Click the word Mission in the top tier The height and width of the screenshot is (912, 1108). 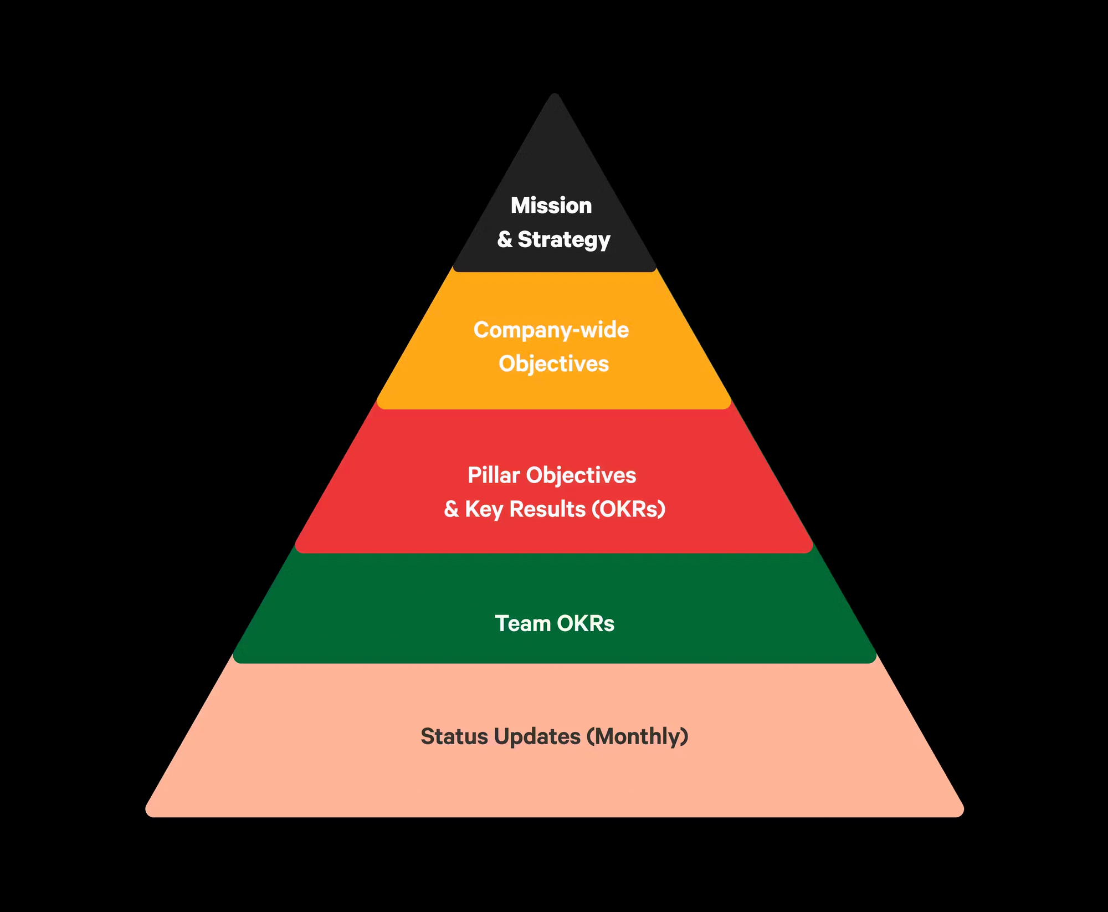pyautogui.click(x=551, y=206)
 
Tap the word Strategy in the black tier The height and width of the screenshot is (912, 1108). pyautogui.click(x=563, y=240)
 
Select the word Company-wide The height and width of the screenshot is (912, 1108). pyautogui.click(x=551, y=330)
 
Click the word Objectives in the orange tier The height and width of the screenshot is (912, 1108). pyautogui.click(x=553, y=364)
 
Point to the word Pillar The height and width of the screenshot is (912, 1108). pyautogui.click(x=494, y=475)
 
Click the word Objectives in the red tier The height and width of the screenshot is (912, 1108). pyautogui.click(x=581, y=475)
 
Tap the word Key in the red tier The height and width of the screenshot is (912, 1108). pyautogui.click(x=484, y=509)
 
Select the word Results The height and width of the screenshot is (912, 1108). pyautogui.click(x=547, y=509)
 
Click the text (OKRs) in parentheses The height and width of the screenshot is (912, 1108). pyautogui.click(x=629, y=509)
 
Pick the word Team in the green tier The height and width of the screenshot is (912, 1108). pyautogui.click(x=522, y=624)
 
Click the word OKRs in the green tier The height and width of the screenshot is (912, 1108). pyautogui.click(x=586, y=624)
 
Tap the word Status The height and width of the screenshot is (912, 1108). pyautogui.click(x=454, y=737)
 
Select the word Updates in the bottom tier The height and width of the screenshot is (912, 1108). pyautogui.click(x=537, y=737)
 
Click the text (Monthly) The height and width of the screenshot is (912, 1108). pyautogui.click(x=638, y=737)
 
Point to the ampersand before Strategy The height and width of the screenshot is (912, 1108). pyautogui.click(x=505, y=240)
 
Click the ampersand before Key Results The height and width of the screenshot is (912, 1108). pyautogui.click(x=452, y=509)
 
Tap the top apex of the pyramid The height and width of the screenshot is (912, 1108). pyautogui.click(x=554, y=95)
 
